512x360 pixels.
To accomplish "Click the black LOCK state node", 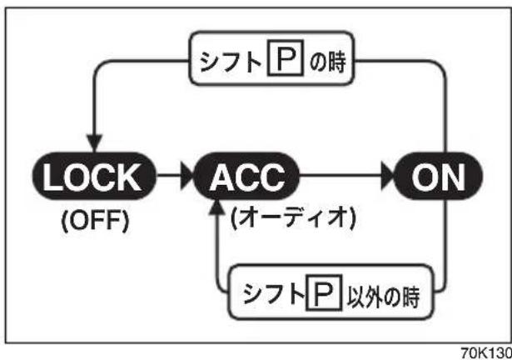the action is pos(94,176).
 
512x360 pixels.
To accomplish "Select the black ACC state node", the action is pos(247,176).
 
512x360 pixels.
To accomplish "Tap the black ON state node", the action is pos(438,176).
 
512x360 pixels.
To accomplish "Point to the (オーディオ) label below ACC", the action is pos(293,217).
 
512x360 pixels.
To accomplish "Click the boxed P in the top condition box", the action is pos(285,57).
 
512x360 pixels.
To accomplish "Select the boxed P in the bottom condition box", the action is pos(324,292).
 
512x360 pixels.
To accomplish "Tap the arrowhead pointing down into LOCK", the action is pos(95,143).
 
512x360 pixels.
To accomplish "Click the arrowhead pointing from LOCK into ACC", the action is pos(187,176).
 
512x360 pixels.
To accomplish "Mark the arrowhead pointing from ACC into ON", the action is pos(388,176).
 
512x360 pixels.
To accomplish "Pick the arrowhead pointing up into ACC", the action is pos(216,207).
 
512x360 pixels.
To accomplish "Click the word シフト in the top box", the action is pos(231,61).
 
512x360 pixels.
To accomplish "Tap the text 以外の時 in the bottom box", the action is pos(383,297).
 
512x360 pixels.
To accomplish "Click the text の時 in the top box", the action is pos(327,61).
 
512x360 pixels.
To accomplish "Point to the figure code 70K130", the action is pos(486,352).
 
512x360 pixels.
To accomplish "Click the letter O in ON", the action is pos(424,177).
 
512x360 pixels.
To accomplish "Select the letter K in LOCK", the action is pos(130,177).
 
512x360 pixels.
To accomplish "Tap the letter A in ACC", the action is pos(222,177).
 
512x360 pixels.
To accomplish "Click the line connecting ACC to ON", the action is pos(341,176).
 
